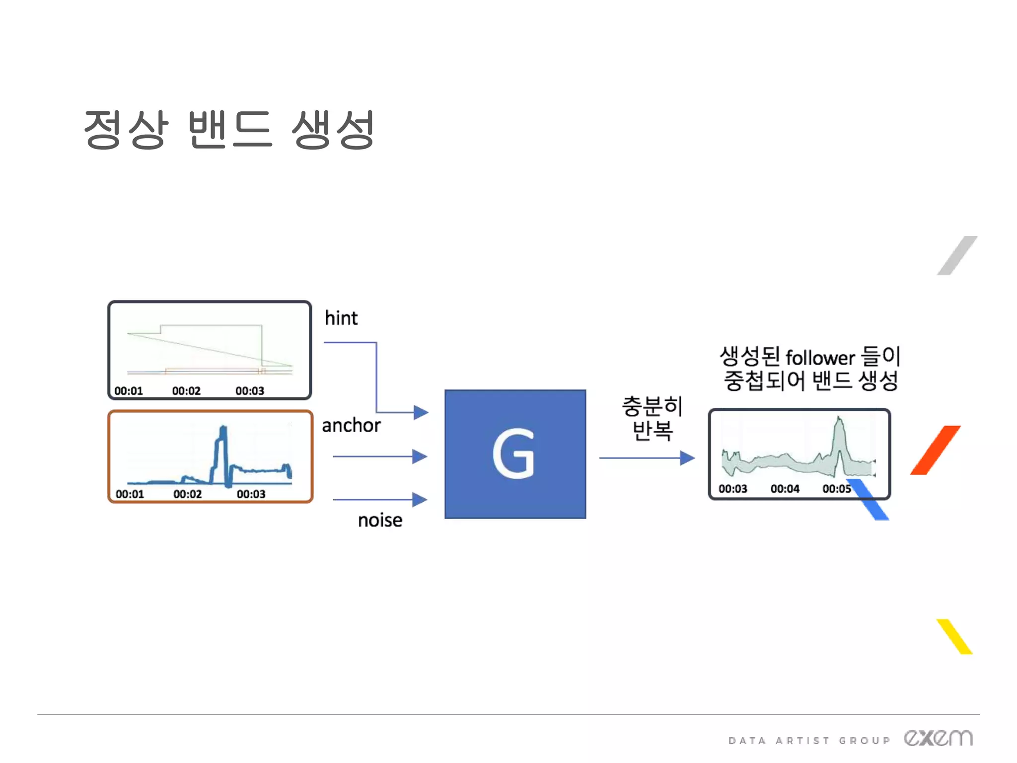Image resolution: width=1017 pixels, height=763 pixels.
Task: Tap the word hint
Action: tap(341, 318)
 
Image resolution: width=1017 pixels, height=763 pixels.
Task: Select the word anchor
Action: tap(351, 425)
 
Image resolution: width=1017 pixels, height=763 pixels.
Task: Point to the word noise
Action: tap(380, 520)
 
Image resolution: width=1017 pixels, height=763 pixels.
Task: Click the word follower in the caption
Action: tap(820, 358)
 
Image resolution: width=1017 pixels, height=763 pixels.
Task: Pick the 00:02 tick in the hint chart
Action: tap(186, 391)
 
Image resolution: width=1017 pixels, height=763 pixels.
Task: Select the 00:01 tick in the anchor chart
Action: tap(130, 494)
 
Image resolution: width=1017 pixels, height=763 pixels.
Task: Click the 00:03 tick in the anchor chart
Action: tap(251, 494)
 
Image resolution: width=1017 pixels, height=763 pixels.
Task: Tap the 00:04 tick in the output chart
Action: tap(785, 489)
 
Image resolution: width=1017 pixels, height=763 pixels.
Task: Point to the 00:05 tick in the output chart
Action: tap(837, 489)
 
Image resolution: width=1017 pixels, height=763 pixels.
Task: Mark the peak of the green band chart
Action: tap(839, 420)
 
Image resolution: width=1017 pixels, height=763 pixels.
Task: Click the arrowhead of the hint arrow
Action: tap(421, 412)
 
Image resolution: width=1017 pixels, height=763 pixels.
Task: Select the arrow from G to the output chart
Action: tap(646, 458)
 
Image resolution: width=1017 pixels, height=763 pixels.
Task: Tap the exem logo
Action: tap(938, 738)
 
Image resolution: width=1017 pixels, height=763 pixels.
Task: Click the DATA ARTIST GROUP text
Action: tap(809, 741)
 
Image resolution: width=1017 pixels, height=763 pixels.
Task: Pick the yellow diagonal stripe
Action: tap(954, 636)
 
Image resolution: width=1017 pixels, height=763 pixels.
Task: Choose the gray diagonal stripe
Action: tap(957, 255)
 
